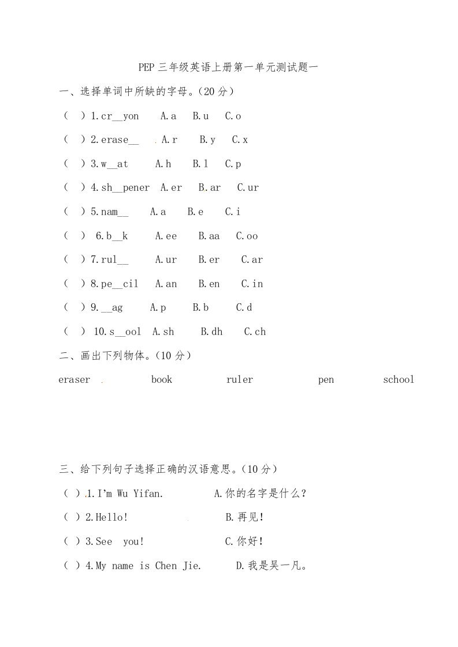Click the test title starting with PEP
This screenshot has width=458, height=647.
229,67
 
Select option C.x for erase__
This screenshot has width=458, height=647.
240,140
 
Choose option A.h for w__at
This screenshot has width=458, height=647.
163,164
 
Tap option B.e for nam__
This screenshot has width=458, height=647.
195,212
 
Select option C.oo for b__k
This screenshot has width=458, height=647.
247,236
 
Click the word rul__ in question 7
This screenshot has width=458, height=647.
114,259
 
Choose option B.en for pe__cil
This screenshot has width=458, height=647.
209,284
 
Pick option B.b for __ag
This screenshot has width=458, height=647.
200,307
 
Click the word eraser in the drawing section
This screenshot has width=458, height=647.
75,379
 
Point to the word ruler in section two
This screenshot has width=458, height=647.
240,379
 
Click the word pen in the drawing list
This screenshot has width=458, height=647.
326,379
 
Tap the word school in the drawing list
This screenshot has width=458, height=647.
399,379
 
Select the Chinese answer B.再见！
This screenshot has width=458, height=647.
244,517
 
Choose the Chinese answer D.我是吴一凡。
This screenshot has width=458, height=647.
271,566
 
